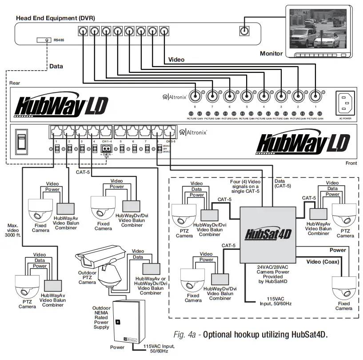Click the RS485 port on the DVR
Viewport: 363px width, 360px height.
pyautogui.click(x=47, y=40)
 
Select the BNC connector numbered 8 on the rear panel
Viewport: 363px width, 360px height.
pyautogui.click(x=195, y=96)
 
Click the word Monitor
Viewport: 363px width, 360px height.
pyautogui.click(x=271, y=54)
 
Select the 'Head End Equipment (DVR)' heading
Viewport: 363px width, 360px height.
pyautogui.click(x=56, y=18)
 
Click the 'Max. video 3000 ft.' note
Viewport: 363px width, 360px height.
pyautogui.click(x=14, y=232)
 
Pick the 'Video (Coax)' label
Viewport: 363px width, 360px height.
pyautogui.click(x=323, y=262)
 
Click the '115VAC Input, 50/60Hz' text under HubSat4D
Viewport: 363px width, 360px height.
pyautogui.click(x=278, y=301)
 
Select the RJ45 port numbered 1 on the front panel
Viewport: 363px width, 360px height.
pyautogui.click(x=56, y=132)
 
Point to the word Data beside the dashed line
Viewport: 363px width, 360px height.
pyautogui.click(x=56, y=66)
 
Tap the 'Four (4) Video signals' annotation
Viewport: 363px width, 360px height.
pyautogui.click(x=245, y=184)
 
